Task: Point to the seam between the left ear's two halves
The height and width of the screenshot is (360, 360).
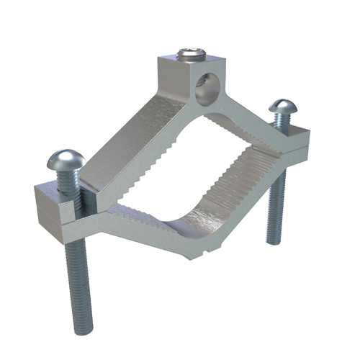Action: pos(54,210)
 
